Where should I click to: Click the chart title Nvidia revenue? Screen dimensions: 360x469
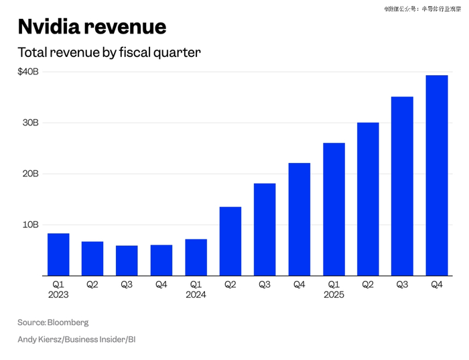point(92,26)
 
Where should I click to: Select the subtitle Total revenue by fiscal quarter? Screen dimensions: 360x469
point(109,52)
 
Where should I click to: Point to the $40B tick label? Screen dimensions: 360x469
point(28,72)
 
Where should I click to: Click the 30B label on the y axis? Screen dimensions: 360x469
point(31,123)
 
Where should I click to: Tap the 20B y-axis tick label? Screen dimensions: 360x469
point(31,174)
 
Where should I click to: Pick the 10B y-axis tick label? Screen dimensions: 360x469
point(31,225)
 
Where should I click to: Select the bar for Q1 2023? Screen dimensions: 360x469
point(58,255)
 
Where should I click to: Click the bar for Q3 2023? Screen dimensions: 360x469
point(127,261)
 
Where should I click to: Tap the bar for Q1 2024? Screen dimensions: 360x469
point(196,257)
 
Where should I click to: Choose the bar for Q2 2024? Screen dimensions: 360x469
point(230,241)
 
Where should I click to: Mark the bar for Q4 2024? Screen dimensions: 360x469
point(299,219)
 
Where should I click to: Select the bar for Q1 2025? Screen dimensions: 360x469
point(333,209)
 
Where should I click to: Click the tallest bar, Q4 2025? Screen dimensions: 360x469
point(437,176)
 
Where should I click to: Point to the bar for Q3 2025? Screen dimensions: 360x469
point(402,186)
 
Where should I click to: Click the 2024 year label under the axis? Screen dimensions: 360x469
point(196,295)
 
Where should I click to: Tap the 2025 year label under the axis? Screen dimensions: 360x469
point(333,295)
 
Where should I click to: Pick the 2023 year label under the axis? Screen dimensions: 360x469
point(58,295)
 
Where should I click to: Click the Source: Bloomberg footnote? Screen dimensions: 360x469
point(53,322)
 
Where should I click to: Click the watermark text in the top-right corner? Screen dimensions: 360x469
point(422,9)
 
